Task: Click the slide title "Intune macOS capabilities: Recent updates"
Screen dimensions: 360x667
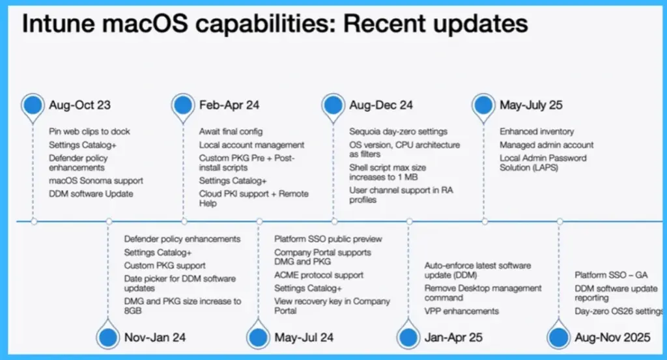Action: pyautogui.click(x=275, y=24)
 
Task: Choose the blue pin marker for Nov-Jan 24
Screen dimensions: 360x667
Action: pyautogui.click(x=108, y=337)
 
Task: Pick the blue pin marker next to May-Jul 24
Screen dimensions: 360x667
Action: pyautogui.click(x=259, y=337)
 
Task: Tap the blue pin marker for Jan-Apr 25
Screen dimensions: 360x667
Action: pyautogui.click(x=408, y=337)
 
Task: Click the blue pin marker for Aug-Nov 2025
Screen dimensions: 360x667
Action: pyautogui.click(x=559, y=337)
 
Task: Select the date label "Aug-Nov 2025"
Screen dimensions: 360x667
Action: pyautogui.click(x=612, y=337)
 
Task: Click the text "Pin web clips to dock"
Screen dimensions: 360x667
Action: pyautogui.click(x=89, y=132)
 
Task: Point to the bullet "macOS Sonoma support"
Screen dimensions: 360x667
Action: pyautogui.click(x=96, y=180)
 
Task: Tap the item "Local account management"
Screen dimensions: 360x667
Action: pyautogui.click(x=251, y=145)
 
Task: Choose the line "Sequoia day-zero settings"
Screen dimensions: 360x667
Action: pyautogui.click(x=398, y=132)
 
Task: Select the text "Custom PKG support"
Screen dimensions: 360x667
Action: pyautogui.click(x=165, y=265)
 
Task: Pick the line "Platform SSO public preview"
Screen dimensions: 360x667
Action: pyautogui.click(x=328, y=239)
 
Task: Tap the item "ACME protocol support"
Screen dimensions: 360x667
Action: pyautogui.click(x=319, y=275)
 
